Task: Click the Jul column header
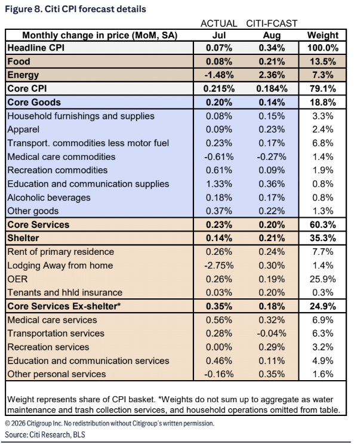(219, 35)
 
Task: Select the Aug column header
(272, 35)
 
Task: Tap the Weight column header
(322, 35)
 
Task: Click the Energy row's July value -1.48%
(219, 75)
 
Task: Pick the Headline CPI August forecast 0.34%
(272, 48)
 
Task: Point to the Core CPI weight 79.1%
(322, 89)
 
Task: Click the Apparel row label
(23, 129)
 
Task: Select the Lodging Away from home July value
(219, 266)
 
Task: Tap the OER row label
(17, 279)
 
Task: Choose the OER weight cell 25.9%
(322, 279)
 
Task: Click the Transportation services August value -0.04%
(272, 334)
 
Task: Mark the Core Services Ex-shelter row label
(64, 306)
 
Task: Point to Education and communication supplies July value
(219, 184)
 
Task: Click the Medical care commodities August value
(272, 157)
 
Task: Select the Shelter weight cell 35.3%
(322, 238)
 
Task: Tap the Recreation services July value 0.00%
(219, 347)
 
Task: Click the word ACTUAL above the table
(219, 23)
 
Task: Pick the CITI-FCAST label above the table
(272, 23)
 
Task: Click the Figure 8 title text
(76, 9)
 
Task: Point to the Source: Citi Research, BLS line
(45, 434)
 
